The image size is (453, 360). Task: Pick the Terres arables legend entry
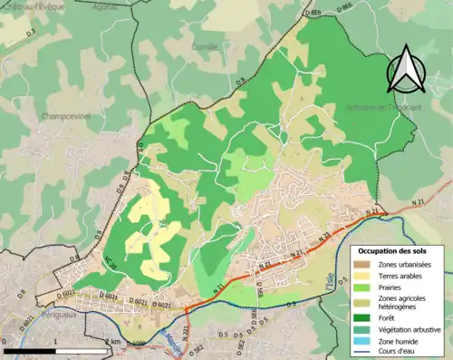(x=400, y=275)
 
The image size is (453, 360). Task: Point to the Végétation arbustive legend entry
(x=407, y=329)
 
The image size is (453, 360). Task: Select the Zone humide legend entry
(x=399, y=341)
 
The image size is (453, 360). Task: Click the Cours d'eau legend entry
(x=399, y=352)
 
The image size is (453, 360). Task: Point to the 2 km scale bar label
(x=112, y=341)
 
